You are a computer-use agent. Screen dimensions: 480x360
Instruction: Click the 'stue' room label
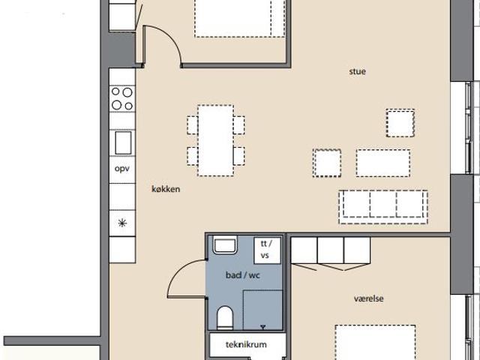[357, 72]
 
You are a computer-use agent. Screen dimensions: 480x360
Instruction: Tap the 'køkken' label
[166, 189]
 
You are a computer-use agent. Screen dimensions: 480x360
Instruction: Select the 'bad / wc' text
[243, 275]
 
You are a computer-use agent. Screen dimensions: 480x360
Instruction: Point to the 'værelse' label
[368, 298]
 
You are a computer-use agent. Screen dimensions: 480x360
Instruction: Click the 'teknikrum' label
[246, 345]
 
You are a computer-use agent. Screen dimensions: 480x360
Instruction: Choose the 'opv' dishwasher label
[121, 169]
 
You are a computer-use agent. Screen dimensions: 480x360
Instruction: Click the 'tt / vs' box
[267, 250]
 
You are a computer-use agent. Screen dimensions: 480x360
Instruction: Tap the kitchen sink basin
[123, 142]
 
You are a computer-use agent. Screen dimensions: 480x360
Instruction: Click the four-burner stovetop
[122, 98]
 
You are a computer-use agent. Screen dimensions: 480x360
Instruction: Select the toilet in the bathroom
[225, 318]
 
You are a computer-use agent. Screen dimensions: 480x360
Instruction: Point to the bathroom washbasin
[225, 244]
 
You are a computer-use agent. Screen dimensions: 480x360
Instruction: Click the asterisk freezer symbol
[122, 223]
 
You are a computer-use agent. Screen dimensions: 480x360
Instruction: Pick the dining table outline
[215, 140]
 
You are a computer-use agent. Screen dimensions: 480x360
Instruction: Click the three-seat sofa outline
[383, 207]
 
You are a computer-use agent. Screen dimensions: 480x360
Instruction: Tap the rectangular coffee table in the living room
[383, 163]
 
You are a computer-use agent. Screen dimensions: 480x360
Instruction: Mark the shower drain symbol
[262, 327]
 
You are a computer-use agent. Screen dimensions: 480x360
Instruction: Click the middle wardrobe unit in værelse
[331, 250]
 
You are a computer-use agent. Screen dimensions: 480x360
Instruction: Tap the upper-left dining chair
[193, 125]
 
